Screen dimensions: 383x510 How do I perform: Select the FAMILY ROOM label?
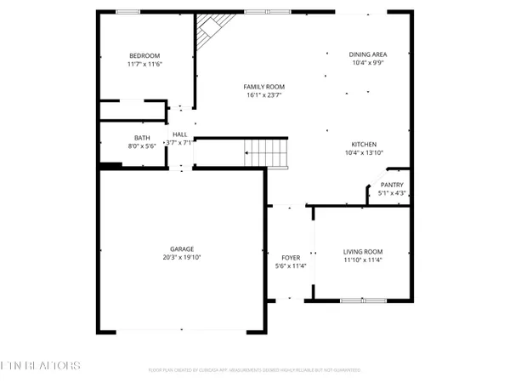[263, 87]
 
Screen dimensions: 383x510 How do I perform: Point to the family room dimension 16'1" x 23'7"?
[263, 96]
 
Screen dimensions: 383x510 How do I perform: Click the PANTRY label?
[392, 185]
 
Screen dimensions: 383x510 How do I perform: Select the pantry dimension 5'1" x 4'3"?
[392, 193]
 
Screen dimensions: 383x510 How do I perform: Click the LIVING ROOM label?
[363, 251]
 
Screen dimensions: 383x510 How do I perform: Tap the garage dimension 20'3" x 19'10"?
[180, 257]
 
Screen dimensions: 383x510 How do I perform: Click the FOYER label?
[292, 256]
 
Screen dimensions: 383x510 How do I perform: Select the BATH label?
[142, 138]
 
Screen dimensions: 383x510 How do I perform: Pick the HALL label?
[180, 134]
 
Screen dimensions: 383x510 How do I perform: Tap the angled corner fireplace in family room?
[207, 35]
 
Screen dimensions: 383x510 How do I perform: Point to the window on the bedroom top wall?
[128, 11]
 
